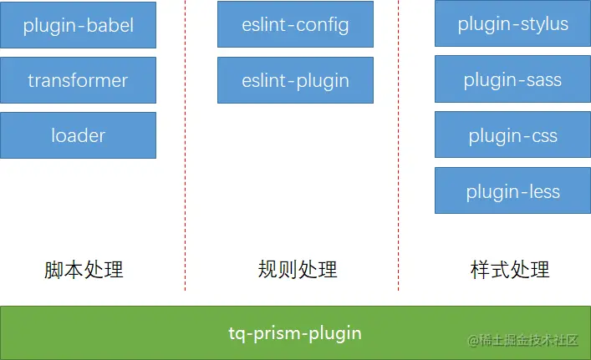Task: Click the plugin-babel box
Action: pyautogui.click(x=78, y=25)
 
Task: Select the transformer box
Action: pyautogui.click(x=78, y=80)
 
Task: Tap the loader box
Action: pyautogui.click(x=78, y=135)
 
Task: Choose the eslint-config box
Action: pyautogui.click(x=296, y=24)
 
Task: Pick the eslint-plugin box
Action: pyautogui.click(x=296, y=80)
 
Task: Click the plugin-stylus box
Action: pyautogui.click(x=512, y=23)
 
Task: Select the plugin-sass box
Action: pyautogui.click(x=512, y=79)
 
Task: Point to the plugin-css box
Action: pyautogui.click(x=512, y=134)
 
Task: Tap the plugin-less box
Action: pyautogui.click(x=512, y=191)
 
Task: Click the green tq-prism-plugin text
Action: pyautogui.click(x=295, y=333)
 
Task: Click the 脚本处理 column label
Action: pyautogui.click(x=84, y=270)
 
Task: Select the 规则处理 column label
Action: pyautogui.click(x=298, y=270)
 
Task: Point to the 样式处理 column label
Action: pyautogui.click(x=510, y=270)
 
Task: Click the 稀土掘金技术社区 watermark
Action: pyautogui.click(x=522, y=341)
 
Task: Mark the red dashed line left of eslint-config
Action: pyautogui.click(x=185, y=145)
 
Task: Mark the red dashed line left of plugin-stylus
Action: pyautogui.click(x=399, y=145)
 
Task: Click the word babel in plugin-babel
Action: pyautogui.click(x=110, y=26)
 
